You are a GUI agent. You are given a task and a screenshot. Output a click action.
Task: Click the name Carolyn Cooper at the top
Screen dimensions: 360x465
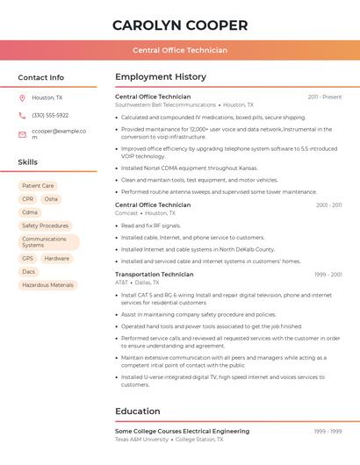click(180, 25)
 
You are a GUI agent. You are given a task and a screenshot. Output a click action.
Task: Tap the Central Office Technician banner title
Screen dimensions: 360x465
click(180, 50)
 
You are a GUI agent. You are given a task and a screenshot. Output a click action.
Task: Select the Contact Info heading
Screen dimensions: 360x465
click(41, 77)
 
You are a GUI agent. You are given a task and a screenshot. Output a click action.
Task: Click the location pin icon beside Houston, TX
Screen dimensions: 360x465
click(22, 98)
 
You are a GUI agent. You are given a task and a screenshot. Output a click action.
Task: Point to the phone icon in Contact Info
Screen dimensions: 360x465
click(22, 116)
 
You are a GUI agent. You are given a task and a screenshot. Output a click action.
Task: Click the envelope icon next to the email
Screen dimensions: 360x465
click(22, 134)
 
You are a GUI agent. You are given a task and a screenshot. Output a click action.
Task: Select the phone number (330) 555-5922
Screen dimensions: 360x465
click(50, 116)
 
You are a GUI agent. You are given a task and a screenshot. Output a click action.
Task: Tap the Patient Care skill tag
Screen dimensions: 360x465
click(38, 186)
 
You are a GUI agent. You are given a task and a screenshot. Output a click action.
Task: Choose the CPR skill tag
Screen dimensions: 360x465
click(28, 199)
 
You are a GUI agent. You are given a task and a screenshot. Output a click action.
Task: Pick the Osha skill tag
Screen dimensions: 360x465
click(51, 199)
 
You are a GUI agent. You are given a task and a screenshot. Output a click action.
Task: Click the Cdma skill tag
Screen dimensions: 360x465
click(30, 212)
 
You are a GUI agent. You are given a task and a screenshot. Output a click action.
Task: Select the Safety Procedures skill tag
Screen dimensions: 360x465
click(45, 225)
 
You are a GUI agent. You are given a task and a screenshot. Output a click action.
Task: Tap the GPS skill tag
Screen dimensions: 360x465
click(28, 259)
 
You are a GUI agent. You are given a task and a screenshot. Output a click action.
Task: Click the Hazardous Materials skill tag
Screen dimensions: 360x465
click(48, 285)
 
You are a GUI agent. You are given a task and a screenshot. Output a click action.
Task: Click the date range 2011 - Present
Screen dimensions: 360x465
click(325, 97)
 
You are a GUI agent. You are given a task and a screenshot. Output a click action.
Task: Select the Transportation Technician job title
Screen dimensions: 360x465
click(155, 275)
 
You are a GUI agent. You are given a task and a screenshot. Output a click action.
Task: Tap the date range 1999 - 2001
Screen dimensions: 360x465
click(328, 275)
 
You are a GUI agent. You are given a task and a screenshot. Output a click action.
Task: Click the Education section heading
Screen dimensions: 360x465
click(138, 411)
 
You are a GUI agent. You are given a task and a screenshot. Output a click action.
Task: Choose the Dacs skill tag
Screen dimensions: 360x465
click(29, 272)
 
